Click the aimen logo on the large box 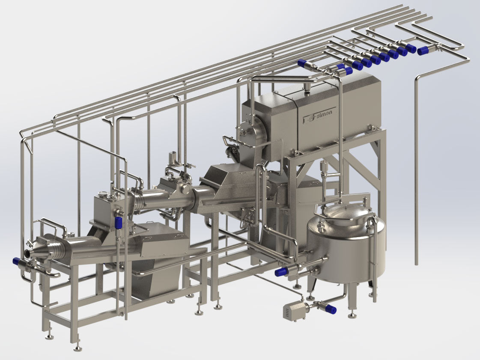coord(319,115)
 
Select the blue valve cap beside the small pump coord(331,309)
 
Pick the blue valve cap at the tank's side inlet coord(280,272)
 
